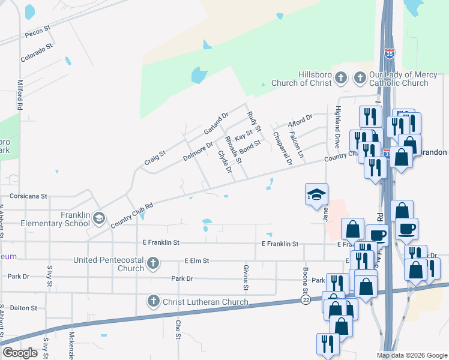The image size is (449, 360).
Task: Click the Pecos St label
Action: [x=37, y=32]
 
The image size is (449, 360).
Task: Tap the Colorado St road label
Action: [x=37, y=52]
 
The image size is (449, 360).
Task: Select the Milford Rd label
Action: [x=20, y=94]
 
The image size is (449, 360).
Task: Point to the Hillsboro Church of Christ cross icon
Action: [x=340, y=77]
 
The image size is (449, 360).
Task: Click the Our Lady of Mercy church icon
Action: [x=360, y=77]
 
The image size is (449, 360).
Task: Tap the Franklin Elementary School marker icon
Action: [x=98, y=217]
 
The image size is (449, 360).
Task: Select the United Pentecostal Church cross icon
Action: [x=154, y=263]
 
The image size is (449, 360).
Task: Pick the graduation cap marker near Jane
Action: [x=316, y=195]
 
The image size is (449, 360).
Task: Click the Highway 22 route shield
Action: [x=306, y=300]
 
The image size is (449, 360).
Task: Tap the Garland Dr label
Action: [x=216, y=123]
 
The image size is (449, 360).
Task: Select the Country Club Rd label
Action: [x=131, y=215]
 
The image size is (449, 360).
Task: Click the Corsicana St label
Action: [x=28, y=196]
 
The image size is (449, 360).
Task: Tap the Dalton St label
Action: [x=23, y=308]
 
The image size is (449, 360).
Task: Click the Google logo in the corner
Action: [x=20, y=353]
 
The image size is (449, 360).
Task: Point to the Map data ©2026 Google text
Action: [x=412, y=355]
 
